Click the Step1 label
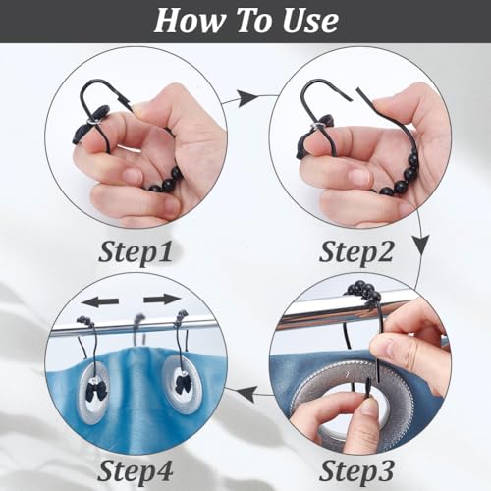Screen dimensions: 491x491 click(x=136, y=253)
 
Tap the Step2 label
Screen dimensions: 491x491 click(x=356, y=253)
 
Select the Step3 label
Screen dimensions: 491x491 click(x=356, y=471)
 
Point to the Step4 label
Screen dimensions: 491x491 click(x=136, y=471)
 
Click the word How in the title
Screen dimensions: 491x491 click(x=191, y=21)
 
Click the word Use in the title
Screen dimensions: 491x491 click(x=310, y=21)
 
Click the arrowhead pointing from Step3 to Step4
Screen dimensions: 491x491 click(x=246, y=394)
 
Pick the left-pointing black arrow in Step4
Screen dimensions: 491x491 click(x=100, y=301)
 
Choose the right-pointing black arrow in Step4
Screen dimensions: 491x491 click(x=162, y=300)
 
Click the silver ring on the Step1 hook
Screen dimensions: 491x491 click(x=92, y=122)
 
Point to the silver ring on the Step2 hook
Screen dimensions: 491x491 click(x=316, y=126)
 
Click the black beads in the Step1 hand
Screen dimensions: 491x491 click(x=165, y=180)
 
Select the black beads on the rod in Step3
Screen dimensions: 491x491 click(x=362, y=291)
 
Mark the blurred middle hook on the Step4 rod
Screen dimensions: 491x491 click(x=139, y=328)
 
